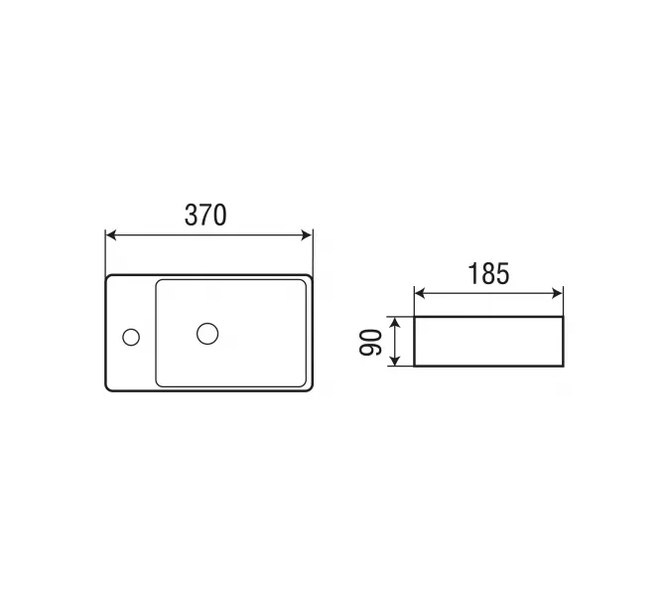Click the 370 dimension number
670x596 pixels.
click(205, 215)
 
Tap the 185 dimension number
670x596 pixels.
click(488, 273)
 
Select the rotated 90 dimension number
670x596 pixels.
click(370, 343)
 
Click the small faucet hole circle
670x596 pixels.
click(131, 338)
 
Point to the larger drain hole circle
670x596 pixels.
click(207, 334)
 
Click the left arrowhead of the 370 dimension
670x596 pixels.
click(110, 235)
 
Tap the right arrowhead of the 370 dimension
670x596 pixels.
click(308, 235)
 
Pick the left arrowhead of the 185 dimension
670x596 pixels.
click(420, 293)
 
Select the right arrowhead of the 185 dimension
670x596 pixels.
click(558, 293)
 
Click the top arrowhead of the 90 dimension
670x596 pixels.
click(396, 323)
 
